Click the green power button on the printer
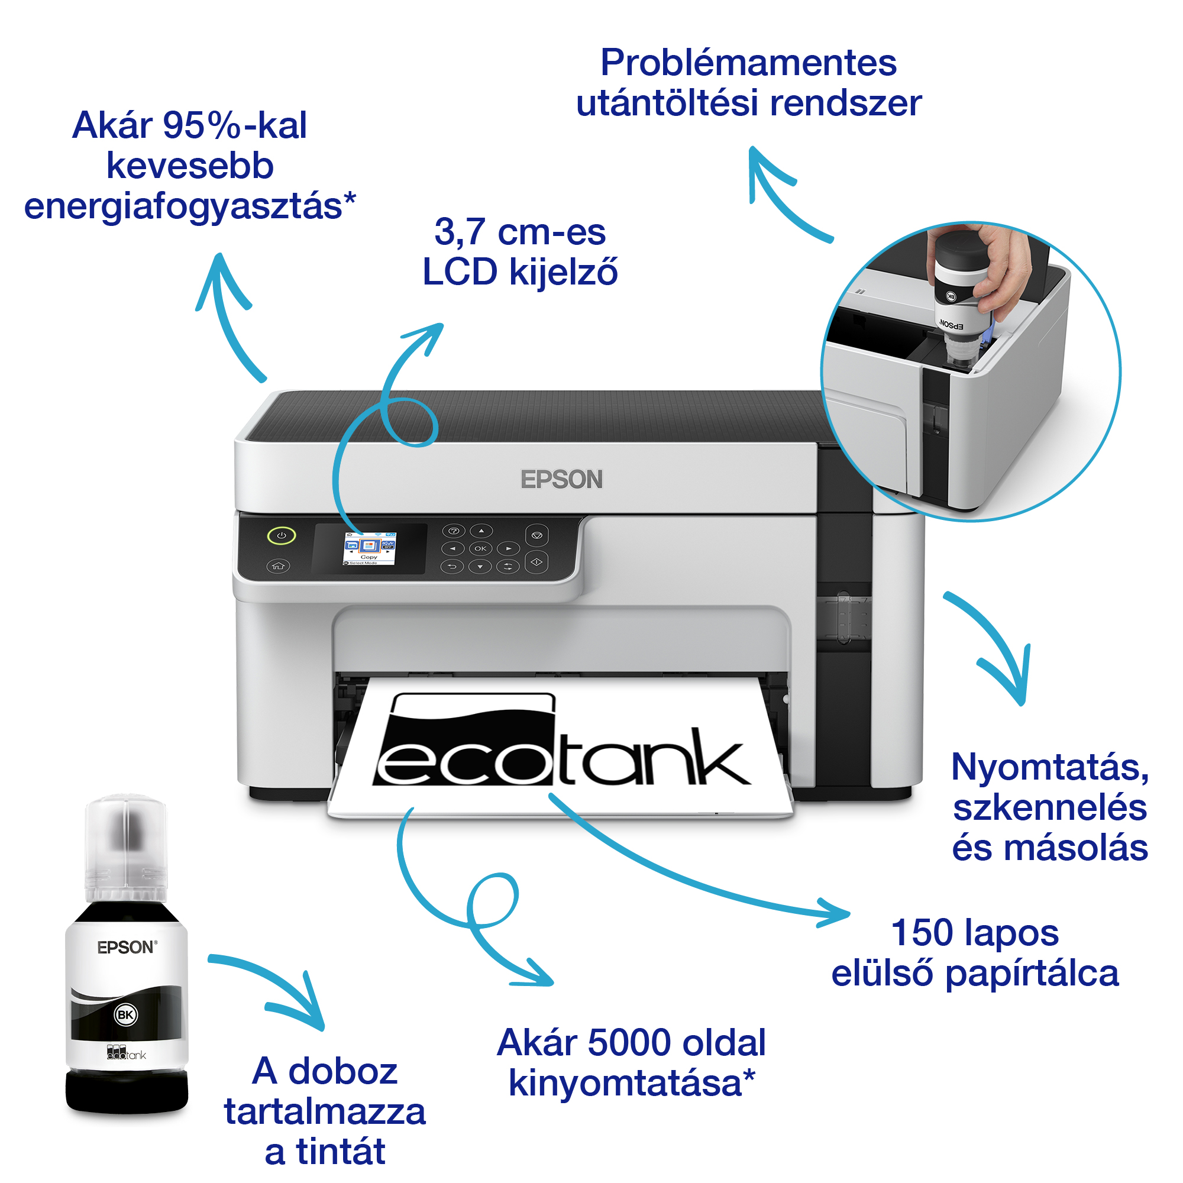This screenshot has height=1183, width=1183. (x=281, y=535)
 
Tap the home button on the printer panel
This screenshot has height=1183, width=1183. (x=279, y=566)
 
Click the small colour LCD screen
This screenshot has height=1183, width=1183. (x=369, y=548)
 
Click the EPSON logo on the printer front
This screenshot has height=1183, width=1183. (x=561, y=480)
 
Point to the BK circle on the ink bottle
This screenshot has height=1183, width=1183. (x=125, y=1014)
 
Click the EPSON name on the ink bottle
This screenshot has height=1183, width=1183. (x=126, y=947)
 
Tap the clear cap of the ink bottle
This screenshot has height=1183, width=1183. (x=125, y=845)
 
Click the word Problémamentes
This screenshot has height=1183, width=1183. (x=748, y=63)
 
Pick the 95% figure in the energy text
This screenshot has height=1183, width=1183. (x=202, y=125)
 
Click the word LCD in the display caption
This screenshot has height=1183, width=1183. (x=460, y=272)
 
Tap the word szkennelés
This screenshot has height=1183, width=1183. (x=1049, y=807)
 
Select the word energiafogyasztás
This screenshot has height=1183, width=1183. (x=189, y=206)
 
